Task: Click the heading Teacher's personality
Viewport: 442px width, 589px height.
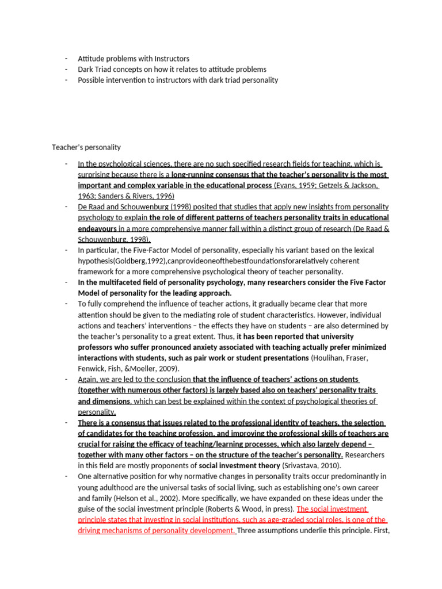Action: [x=86, y=147]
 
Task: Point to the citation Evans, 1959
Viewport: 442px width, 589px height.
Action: [x=295, y=185]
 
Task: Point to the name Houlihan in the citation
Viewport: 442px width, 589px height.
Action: [x=330, y=358]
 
